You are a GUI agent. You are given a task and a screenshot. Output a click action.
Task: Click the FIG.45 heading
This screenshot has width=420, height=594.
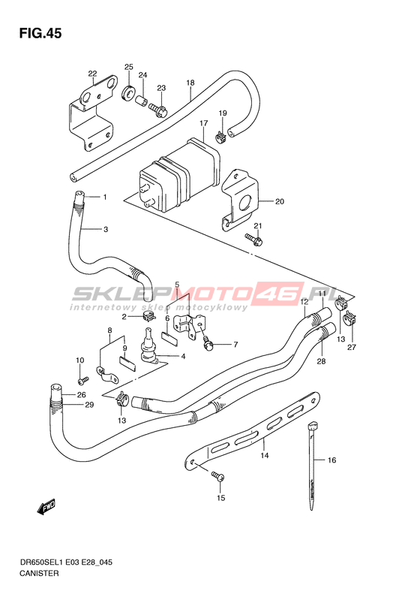point(40,34)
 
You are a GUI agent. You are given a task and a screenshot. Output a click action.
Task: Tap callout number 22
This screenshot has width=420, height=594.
point(93,74)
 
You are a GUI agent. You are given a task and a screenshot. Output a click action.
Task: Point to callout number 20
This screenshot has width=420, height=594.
point(279,201)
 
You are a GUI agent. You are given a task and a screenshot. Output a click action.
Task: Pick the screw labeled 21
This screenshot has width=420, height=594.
point(253,240)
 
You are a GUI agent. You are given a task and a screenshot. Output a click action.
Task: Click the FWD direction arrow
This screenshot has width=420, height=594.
point(46,507)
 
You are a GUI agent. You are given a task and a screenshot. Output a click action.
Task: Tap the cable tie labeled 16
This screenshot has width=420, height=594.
point(311,466)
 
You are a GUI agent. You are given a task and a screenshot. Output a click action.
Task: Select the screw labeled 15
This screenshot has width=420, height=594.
point(217,476)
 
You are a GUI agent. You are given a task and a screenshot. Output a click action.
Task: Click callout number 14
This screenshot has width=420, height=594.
point(265,455)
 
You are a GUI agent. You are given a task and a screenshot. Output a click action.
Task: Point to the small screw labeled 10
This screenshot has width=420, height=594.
point(82,379)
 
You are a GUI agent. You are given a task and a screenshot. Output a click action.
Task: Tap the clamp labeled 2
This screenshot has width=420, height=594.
point(149,317)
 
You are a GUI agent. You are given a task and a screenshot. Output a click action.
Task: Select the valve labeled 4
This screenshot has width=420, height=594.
point(149,346)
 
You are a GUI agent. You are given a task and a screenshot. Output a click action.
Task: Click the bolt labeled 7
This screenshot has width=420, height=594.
point(208,343)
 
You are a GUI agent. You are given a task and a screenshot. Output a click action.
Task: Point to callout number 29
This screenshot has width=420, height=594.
point(89,405)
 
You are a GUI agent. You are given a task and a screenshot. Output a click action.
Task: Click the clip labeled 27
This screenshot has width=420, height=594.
point(351,318)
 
